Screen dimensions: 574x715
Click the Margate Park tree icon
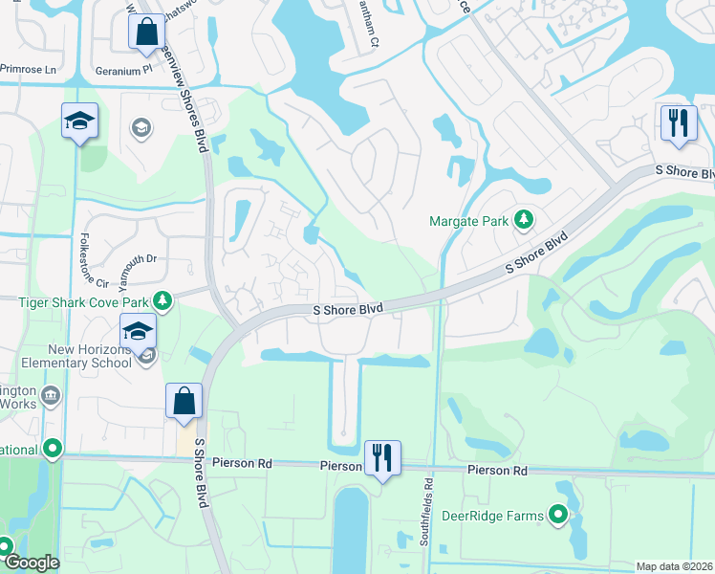click(523, 221)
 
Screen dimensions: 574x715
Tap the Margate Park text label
click(467, 221)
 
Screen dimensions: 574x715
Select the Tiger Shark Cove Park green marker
click(163, 302)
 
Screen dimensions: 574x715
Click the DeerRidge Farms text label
click(492, 517)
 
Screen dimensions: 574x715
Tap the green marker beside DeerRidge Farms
click(559, 517)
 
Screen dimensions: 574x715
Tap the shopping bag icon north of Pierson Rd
click(184, 402)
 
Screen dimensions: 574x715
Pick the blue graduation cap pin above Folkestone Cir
click(81, 121)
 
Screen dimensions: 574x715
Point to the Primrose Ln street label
click(29, 70)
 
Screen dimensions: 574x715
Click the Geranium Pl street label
click(123, 70)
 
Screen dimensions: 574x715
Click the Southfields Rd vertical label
click(427, 513)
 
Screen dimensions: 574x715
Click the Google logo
click(32, 563)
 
